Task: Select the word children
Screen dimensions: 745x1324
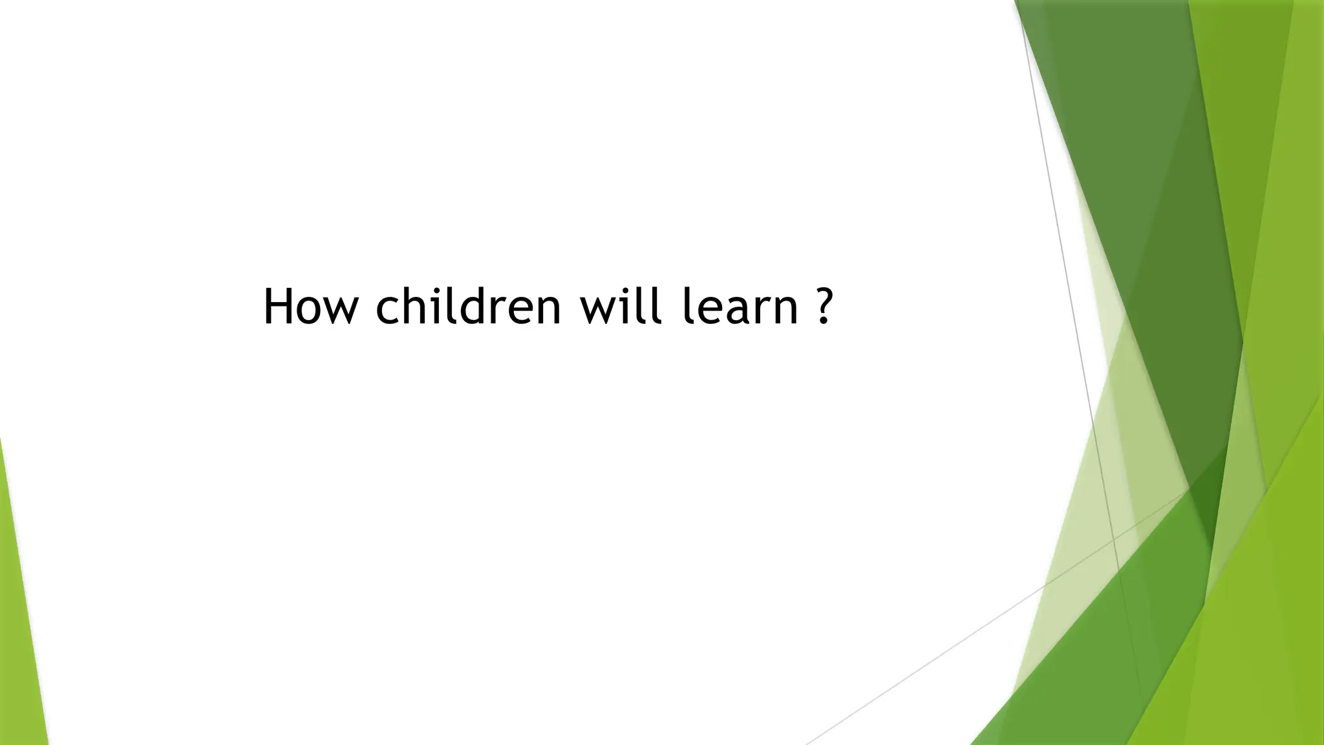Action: tap(468, 307)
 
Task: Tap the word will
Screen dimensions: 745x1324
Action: tap(621, 307)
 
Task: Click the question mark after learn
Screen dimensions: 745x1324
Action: tap(822, 307)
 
